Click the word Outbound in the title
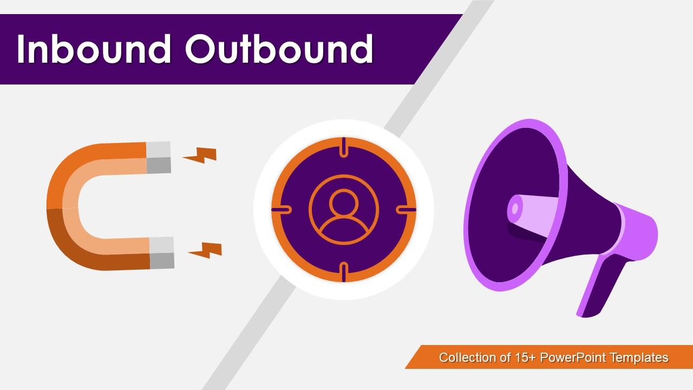pos(279,49)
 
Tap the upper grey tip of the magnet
pos(159,157)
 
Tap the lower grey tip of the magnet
pos(161,253)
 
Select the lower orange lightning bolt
pos(205,250)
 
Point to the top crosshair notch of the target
pos(344,147)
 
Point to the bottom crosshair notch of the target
pos(344,272)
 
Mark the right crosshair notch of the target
pos(406,209)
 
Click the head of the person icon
pos(344,203)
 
